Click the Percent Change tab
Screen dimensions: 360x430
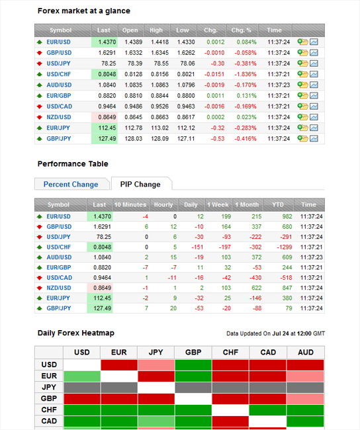(x=71, y=185)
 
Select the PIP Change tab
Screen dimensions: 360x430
(x=140, y=185)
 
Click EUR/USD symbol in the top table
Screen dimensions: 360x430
(x=58, y=42)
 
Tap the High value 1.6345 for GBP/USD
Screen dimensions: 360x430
(x=159, y=53)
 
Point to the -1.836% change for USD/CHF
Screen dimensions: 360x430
(x=246, y=74)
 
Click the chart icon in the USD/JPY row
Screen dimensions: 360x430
(x=314, y=64)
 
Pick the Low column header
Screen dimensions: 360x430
(x=183, y=30)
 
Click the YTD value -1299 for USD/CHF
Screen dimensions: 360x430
(x=285, y=247)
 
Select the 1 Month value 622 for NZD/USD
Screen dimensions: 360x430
(x=257, y=288)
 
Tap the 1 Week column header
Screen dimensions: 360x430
(x=218, y=204)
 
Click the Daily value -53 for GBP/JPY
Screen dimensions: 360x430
(x=199, y=308)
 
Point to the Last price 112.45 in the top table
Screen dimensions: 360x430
(x=107, y=128)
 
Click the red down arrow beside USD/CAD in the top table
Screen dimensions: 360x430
(x=40, y=107)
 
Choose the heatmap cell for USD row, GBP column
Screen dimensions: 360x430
(x=193, y=365)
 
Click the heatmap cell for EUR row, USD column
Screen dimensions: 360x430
(x=82, y=376)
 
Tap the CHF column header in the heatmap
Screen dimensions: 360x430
(x=230, y=353)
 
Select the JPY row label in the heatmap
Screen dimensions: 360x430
(x=49, y=387)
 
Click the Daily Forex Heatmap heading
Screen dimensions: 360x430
(x=76, y=333)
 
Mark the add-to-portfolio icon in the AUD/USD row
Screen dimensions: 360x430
(x=302, y=85)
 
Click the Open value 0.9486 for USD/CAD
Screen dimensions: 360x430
(x=134, y=107)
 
